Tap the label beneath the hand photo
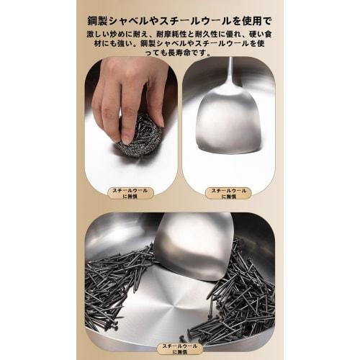point(130,194)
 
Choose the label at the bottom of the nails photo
point(179,348)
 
